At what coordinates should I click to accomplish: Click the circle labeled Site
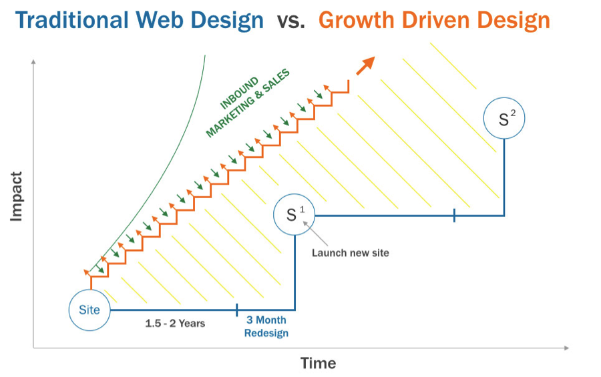(x=89, y=310)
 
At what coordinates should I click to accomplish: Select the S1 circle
(x=294, y=214)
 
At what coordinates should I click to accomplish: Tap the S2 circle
(x=504, y=118)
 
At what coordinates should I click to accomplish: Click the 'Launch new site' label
(x=351, y=253)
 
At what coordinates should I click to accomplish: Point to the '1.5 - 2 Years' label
(x=175, y=324)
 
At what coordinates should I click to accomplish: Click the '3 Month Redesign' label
(x=266, y=326)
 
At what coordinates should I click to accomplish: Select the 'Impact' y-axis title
(x=16, y=197)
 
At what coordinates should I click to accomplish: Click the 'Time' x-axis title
(x=318, y=363)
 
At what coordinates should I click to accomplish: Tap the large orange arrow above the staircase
(x=365, y=65)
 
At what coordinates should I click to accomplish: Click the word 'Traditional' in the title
(x=71, y=20)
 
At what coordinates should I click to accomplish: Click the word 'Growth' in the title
(x=357, y=20)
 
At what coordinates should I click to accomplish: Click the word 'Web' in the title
(x=160, y=20)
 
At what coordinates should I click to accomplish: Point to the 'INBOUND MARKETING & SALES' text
(x=248, y=103)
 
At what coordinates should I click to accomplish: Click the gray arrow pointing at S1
(x=315, y=234)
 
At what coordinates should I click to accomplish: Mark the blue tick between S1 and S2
(x=454, y=216)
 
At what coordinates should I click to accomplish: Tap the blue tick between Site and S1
(x=237, y=310)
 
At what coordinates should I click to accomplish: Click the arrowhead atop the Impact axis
(x=34, y=61)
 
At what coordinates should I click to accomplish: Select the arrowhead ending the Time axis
(x=566, y=348)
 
